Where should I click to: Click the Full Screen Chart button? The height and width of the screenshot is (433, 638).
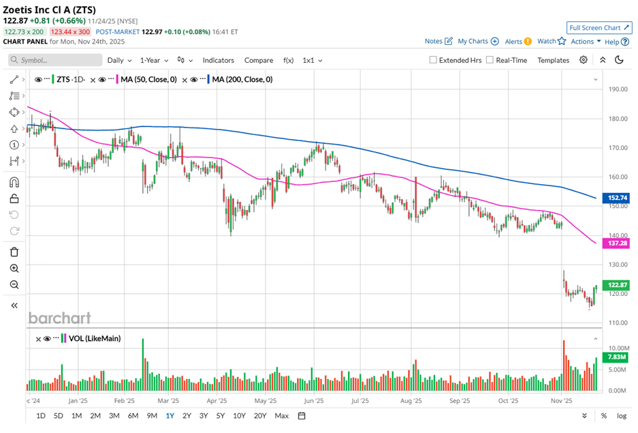click(x=599, y=27)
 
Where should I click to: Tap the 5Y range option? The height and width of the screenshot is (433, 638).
click(x=220, y=415)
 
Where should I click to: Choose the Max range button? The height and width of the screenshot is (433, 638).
click(x=281, y=415)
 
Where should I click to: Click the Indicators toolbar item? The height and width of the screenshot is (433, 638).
click(x=218, y=60)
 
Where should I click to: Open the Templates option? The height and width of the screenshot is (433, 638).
click(x=553, y=60)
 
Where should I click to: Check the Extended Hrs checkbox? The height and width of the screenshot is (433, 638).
click(x=433, y=60)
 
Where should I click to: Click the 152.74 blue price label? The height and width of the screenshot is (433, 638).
click(x=616, y=198)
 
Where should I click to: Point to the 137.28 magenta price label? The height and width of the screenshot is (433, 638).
click(x=616, y=243)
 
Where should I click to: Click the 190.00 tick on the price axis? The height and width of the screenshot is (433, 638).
click(x=618, y=89)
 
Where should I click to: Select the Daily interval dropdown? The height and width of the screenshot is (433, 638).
click(x=119, y=60)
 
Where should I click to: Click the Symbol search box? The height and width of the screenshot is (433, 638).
click(x=54, y=60)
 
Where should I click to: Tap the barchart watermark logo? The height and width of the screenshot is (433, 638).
click(x=59, y=318)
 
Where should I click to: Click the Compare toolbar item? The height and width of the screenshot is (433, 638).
click(x=259, y=60)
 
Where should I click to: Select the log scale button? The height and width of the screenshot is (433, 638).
click(x=622, y=415)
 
